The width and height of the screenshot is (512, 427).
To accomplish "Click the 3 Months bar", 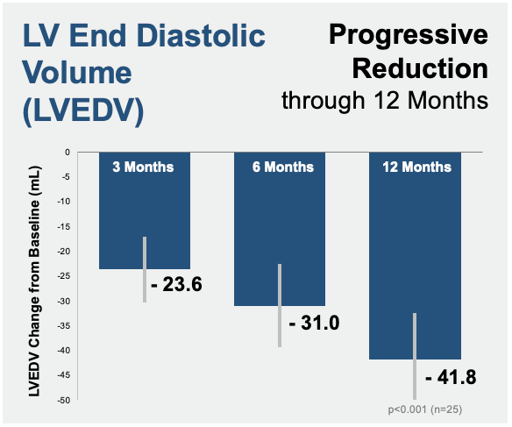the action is point(145,210).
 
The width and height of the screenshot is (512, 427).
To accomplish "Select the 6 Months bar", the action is point(280,229).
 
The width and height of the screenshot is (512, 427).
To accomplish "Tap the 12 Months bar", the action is point(415,256).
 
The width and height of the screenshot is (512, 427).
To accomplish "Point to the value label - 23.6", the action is point(176,284).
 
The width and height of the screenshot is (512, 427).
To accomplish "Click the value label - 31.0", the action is point(314,323).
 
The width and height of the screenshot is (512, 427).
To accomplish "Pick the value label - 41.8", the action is point(451,377).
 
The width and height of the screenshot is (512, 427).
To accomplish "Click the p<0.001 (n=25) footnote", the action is point(425,409).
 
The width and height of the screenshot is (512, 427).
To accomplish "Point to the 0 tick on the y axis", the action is point(68,153).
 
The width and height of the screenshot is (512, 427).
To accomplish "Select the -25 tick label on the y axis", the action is point(64,276).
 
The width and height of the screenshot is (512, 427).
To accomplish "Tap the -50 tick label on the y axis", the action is point(64,400).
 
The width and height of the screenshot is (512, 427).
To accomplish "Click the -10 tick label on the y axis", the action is point(64,202).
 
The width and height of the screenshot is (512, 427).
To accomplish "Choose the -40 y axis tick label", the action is point(64,351).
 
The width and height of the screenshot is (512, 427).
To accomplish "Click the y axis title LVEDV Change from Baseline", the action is point(34,281).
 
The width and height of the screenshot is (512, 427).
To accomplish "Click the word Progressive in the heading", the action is point(409,35).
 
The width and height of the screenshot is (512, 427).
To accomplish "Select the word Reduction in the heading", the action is point(420,68).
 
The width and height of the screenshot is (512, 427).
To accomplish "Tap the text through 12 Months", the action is point(385,100).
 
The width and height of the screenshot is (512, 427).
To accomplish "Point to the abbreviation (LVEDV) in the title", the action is point(83,110).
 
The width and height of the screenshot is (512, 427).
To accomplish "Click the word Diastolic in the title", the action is point(201,36).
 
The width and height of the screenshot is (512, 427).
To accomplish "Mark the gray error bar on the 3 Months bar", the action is point(145,270).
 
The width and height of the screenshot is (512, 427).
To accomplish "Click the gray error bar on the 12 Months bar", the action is point(415,356).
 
